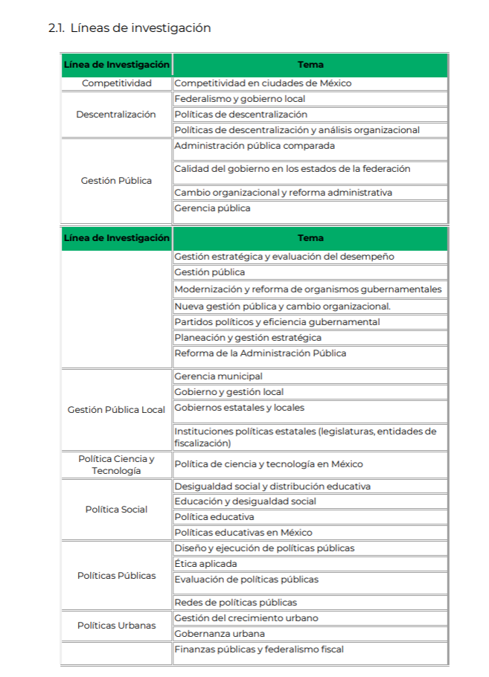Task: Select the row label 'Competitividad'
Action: coord(116,83)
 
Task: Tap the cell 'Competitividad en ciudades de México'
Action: coord(263,83)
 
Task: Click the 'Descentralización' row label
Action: coord(116,115)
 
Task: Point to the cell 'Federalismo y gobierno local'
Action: coord(240,99)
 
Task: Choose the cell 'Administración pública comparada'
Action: coord(255,146)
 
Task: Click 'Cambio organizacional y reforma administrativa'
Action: coord(283,193)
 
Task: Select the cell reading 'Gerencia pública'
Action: coord(212,208)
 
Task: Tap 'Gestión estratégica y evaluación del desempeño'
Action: coord(284,257)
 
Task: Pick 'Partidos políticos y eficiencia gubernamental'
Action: coord(277,322)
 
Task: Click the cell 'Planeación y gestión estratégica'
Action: coord(248,338)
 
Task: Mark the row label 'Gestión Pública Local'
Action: coord(116,410)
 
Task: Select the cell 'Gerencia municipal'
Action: coord(218,376)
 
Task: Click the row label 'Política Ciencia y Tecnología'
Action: coord(116,465)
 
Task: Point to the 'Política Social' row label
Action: coord(116,510)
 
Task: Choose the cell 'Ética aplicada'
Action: coord(205,564)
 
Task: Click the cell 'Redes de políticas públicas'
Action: coord(235,603)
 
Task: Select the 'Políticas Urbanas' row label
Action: coord(116,626)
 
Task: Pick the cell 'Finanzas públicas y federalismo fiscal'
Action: coord(259,649)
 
